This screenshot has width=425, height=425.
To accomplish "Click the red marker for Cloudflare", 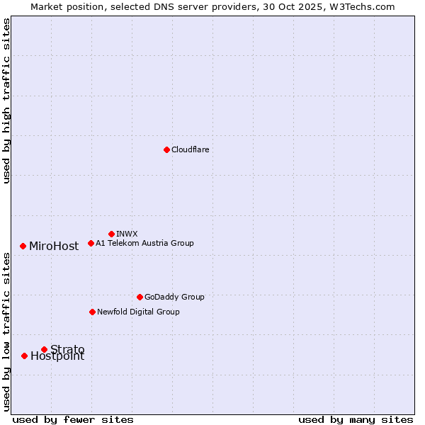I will (x=166, y=149).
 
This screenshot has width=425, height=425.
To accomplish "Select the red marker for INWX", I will (x=111, y=234).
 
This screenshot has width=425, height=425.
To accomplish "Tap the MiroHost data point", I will (x=23, y=246).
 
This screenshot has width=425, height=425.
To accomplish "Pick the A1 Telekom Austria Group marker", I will (x=91, y=243).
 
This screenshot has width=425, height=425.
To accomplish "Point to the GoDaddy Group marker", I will (x=140, y=297).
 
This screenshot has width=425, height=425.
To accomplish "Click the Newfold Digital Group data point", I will (x=92, y=312).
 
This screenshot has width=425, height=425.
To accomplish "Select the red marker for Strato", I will (x=44, y=349).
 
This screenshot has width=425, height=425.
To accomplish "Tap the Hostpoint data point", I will (x=24, y=356).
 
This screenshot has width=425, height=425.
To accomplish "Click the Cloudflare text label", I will (x=190, y=149).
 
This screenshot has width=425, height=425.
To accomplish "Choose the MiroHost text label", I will (x=54, y=246).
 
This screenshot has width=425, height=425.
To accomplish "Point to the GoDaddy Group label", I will (x=174, y=297).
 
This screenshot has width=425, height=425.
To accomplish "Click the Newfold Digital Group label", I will (x=138, y=312).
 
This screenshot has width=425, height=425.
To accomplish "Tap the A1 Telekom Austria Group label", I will (x=144, y=243).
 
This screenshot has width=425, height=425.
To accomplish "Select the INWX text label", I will (x=127, y=234).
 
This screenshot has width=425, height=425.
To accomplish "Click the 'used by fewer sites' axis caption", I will (x=73, y=419).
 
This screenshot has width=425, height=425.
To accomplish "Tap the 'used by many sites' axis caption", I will (x=356, y=419).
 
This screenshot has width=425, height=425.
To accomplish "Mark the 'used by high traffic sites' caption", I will (x=6, y=101).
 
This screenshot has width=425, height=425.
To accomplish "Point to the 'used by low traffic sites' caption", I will (x=6, y=332).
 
